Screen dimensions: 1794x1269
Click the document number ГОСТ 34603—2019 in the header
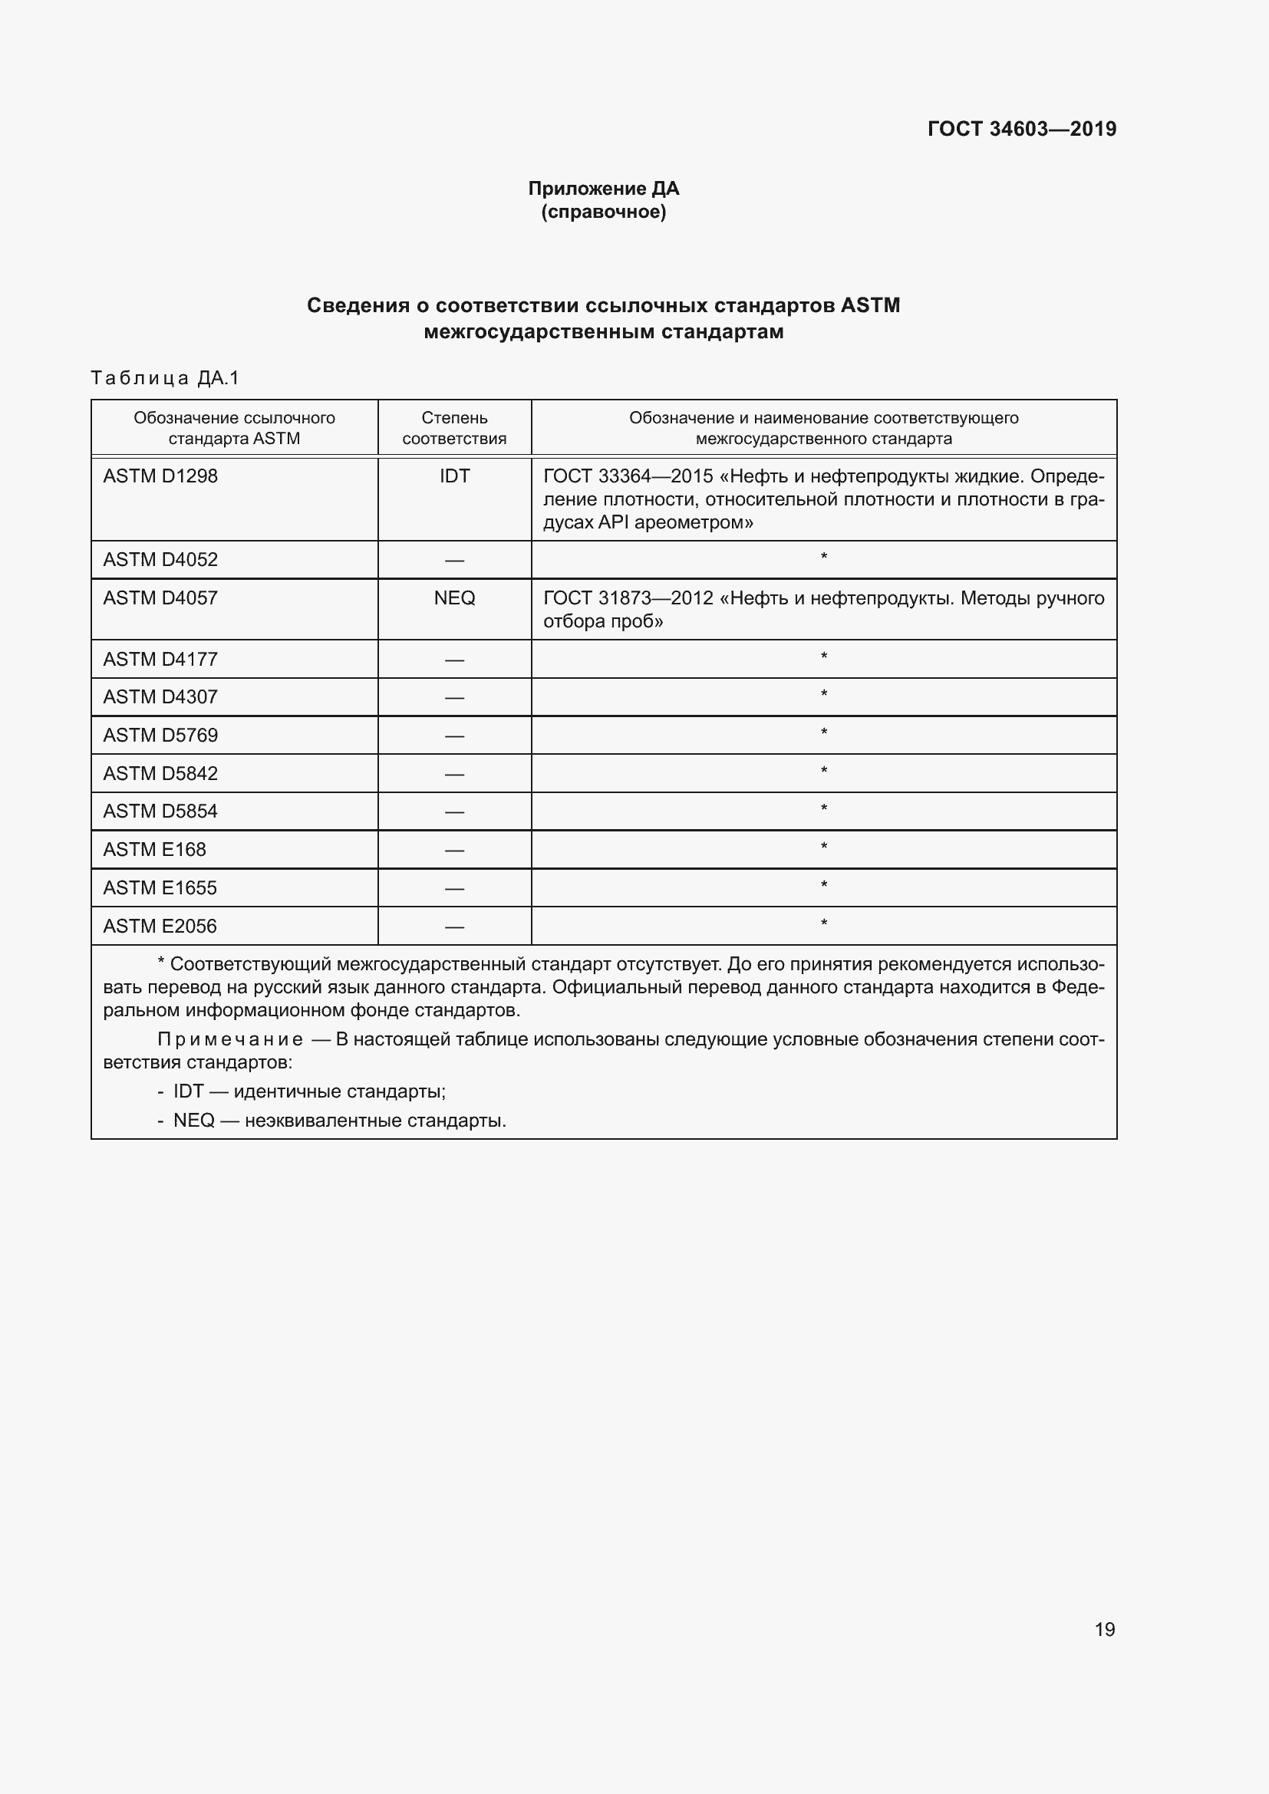tap(1021, 129)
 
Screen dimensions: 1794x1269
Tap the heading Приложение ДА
tap(603, 189)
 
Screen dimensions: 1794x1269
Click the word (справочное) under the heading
tap(603, 212)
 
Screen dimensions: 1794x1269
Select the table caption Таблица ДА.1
tap(165, 378)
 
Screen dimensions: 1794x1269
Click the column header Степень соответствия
tap(454, 428)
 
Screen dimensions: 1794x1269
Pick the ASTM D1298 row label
tap(160, 476)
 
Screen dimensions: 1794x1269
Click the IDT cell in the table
tap(454, 476)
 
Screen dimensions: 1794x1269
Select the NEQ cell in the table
tap(454, 597)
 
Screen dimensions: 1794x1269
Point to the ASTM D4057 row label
tap(160, 597)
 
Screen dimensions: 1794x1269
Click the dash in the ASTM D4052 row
tap(454, 560)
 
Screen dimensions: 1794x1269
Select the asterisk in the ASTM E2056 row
tap(823, 923)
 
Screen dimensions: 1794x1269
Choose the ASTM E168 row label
tap(155, 849)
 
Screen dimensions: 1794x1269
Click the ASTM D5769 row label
tap(160, 736)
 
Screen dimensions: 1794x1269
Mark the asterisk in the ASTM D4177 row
tap(823, 657)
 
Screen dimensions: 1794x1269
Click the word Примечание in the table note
tap(230, 1039)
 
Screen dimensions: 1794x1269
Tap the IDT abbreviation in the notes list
tap(188, 1091)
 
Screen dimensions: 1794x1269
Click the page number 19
tap(1104, 1629)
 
